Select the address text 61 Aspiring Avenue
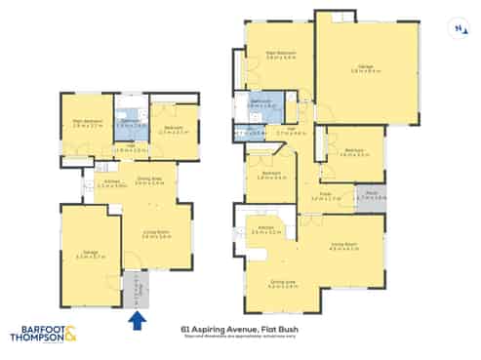click(x=211, y=328)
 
